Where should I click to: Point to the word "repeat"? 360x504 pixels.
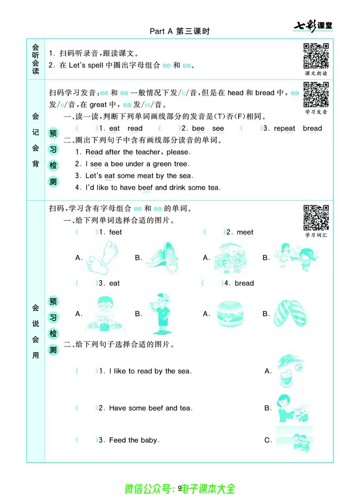pyautogui.click(x=284, y=128)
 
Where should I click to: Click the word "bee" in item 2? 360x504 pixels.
pyautogui.click(x=198, y=128)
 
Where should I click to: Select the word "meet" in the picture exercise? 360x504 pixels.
pyautogui.click(x=245, y=232)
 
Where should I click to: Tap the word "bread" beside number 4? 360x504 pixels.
pyautogui.click(x=244, y=283)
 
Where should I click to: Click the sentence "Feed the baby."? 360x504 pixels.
pyautogui.click(x=134, y=440)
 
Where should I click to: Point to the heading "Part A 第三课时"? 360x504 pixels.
pyautogui.click(x=180, y=31)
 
